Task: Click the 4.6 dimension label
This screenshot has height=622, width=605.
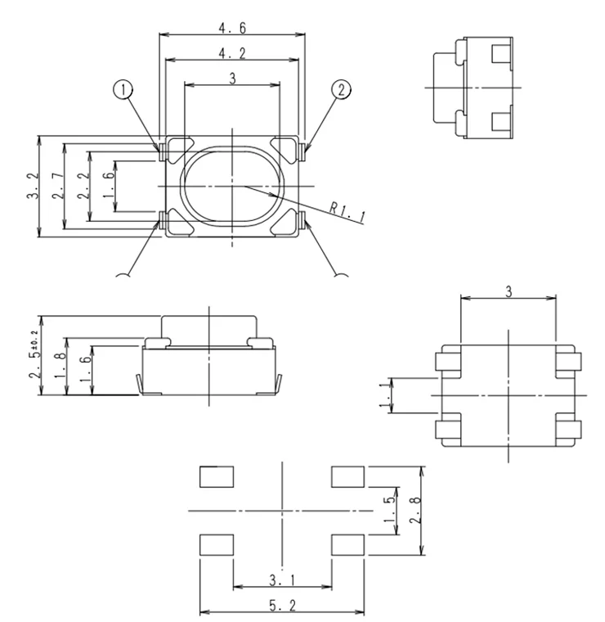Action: click(232, 28)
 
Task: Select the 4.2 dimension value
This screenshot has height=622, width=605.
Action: click(232, 53)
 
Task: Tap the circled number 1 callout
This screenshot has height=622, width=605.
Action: click(123, 90)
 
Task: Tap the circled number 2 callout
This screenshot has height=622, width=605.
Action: click(341, 90)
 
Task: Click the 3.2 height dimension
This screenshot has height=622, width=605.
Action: click(34, 186)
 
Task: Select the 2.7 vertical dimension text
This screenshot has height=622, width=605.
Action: click(58, 186)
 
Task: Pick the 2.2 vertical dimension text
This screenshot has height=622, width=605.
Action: click(83, 186)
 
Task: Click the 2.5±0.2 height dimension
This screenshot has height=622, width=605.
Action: click(34, 354)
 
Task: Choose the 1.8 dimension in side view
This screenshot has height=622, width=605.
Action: click(60, 366)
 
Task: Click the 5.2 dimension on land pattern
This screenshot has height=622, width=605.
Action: click(283, 606)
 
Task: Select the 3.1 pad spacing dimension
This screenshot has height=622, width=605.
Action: click(283, 580)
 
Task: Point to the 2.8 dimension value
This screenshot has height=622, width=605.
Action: click(415, 511)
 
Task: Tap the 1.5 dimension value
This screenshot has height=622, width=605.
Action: click(390, 511)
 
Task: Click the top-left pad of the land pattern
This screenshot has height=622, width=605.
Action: click(217, 477)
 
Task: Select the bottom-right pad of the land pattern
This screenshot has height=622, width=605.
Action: click(347, 544)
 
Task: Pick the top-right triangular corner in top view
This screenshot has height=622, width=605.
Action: click(283, 150)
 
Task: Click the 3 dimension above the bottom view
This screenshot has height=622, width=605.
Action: click(509, 292)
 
